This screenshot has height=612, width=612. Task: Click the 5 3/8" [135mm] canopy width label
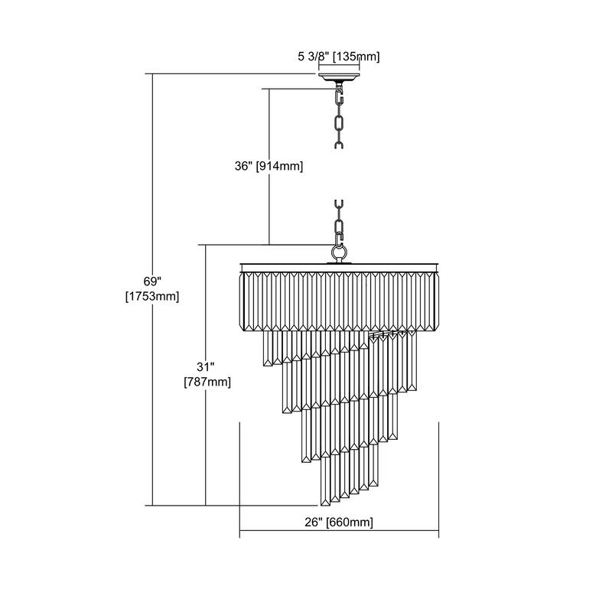(339, 57)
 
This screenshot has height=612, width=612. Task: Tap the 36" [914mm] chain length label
(269, 166)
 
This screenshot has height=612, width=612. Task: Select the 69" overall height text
(152, 281)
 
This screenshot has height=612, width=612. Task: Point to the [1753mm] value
(152, 297)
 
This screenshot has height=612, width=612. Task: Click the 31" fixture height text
(206, 367)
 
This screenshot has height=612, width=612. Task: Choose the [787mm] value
(207, 382)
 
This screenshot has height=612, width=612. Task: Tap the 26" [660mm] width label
(339, 522)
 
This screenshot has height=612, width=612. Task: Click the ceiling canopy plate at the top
(339, 76)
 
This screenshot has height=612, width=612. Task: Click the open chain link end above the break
(339, 145)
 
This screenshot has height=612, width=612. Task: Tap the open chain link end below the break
(339, 205)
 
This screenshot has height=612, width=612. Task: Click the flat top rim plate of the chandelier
(339, 267)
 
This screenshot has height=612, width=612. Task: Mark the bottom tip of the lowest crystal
(324, 506)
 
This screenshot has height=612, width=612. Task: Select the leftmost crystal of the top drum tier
(246, 301)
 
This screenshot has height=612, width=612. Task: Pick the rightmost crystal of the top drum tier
(432, 301)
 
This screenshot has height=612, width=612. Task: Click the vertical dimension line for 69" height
(152, 289)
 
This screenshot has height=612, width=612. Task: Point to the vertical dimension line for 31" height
(205, 375)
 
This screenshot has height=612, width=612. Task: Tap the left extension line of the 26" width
(239, 480)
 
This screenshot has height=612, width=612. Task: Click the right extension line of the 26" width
(438, 480)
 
